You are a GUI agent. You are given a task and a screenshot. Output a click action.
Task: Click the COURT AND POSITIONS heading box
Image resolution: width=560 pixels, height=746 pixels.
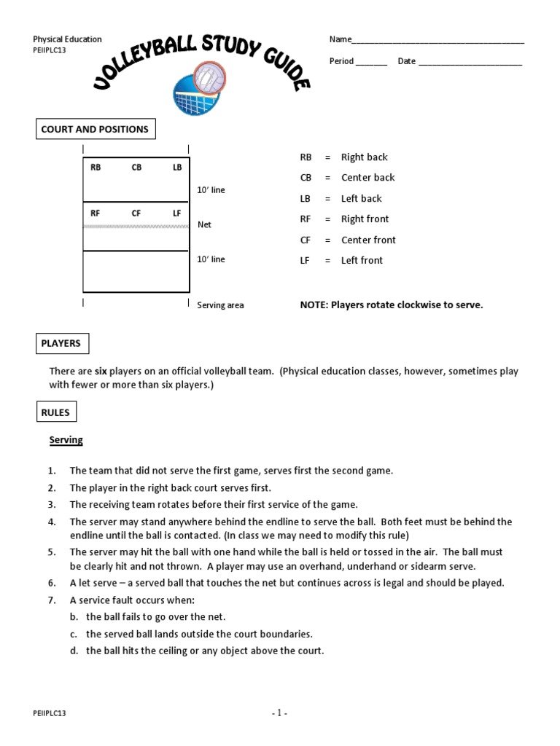coord(96,130)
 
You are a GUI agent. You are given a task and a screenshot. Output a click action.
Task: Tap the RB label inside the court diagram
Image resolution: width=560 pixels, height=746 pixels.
coord(96,168)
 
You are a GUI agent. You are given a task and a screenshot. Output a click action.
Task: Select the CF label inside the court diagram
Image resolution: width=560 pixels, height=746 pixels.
coord(136,213)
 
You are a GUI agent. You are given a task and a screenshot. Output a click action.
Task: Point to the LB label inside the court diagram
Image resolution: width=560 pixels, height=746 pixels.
coord(177,168)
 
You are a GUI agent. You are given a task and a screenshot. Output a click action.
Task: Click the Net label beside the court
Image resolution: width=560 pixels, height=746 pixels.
coord(204,225)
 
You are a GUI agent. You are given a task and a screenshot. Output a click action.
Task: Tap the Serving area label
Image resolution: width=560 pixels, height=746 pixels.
coord(220,305)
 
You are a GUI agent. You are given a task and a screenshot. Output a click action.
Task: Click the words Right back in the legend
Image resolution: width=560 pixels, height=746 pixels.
coord(364,157)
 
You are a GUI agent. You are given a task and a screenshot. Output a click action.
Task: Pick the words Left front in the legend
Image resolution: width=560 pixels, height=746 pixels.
coord(362,260)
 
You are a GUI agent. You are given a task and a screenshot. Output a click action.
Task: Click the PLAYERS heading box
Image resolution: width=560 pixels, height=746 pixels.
coord(62,343)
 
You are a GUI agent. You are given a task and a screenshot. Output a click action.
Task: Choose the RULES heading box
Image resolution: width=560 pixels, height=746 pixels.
coord(56,412)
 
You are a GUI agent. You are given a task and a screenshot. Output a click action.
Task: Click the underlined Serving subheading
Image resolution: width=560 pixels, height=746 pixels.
coord(66,440)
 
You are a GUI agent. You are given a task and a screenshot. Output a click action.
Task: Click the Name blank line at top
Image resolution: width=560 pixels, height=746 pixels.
coord(437,41)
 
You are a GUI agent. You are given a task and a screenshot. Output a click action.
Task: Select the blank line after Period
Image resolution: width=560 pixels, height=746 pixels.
coord(371,63)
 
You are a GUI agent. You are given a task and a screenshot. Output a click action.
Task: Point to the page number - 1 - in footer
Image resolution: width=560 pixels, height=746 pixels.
coord(279,713)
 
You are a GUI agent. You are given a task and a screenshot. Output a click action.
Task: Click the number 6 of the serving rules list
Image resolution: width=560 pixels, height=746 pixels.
coord(52,583)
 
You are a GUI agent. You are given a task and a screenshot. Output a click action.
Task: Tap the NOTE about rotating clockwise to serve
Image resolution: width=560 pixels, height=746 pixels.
coord(392,305)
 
